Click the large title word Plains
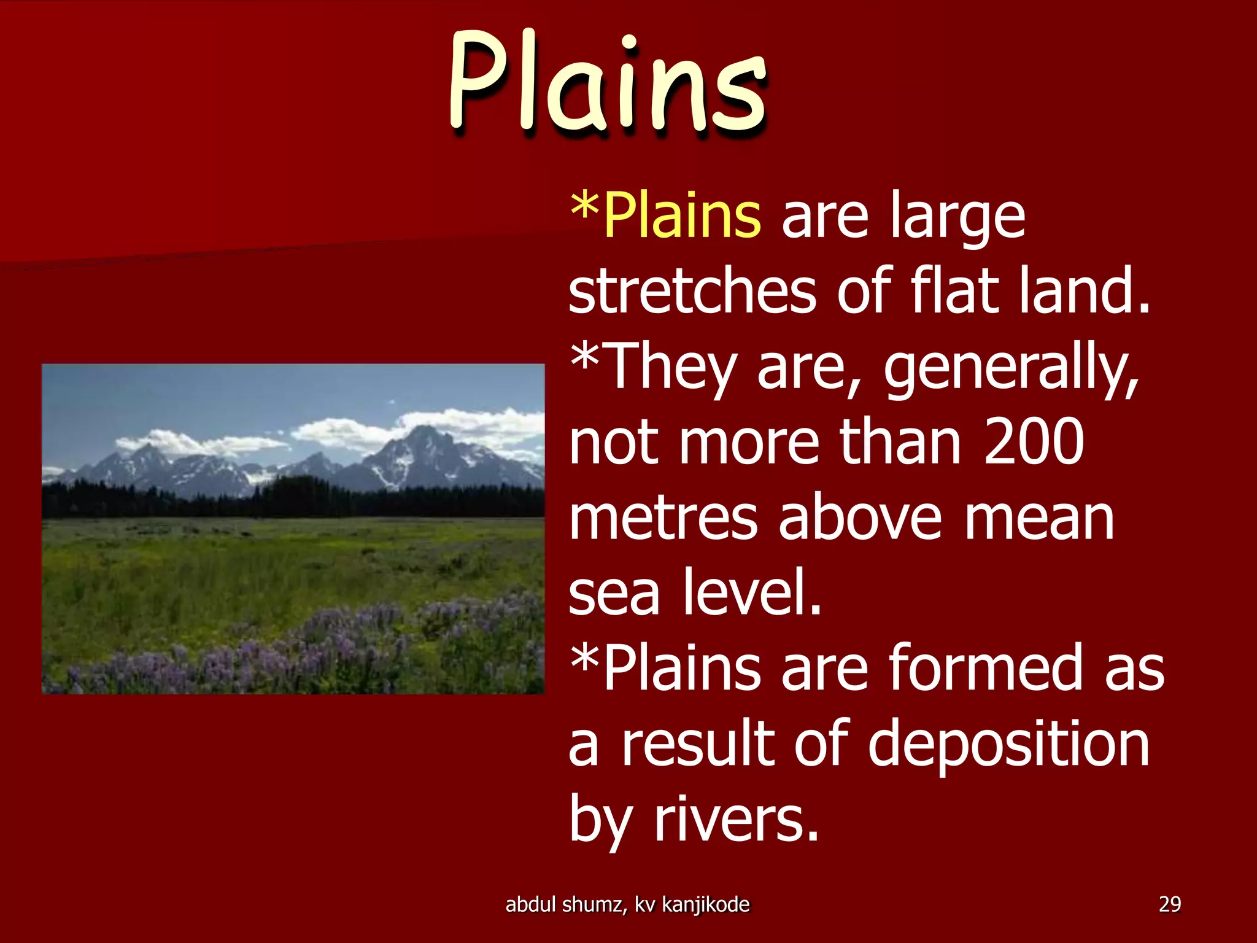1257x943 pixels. [608, 83]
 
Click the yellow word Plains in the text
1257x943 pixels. [681, 216]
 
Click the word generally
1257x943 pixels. [1011, 368]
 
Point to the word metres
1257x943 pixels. [663, 519]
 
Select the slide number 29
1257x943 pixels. [1169, 904]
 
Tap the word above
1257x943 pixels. [859, 519]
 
